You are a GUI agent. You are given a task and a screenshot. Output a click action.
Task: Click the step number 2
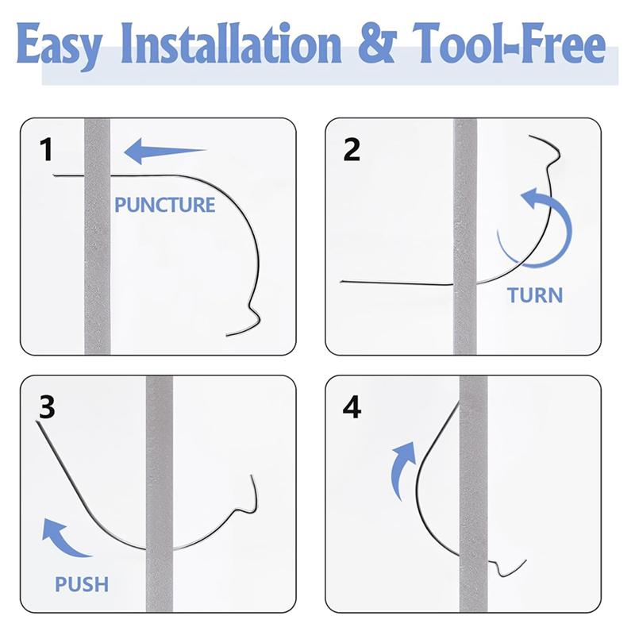tap(351, 149)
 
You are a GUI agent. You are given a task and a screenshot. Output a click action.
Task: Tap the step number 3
tap(47, 410)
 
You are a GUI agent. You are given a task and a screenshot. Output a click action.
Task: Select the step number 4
tap(351, 410)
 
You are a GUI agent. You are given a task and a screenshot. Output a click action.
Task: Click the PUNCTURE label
tap(164, 205)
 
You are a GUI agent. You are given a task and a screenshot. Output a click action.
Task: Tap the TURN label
tap(534, 295)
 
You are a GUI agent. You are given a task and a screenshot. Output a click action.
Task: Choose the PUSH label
tap(81, 586)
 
